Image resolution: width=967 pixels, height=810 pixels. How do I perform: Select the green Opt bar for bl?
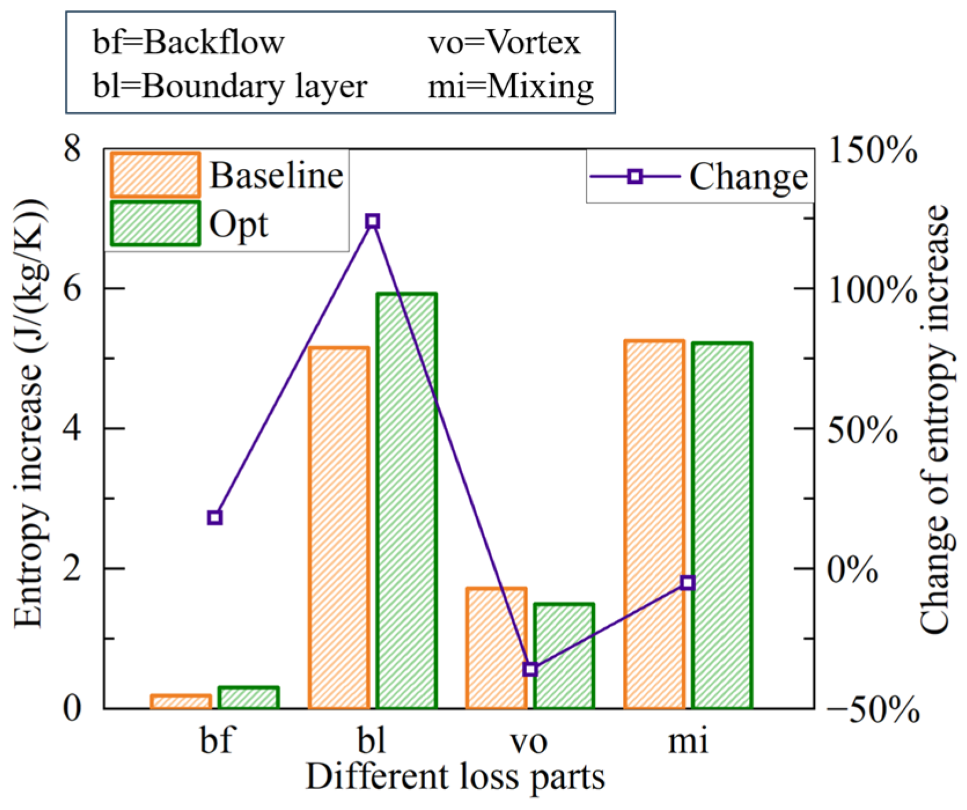tap(407, 501)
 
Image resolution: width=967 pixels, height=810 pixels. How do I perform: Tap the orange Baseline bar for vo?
tap(496, 648)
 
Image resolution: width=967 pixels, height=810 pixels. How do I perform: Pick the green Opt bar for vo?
tap(564, 656)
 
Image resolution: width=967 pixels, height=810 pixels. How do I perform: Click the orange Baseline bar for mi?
tap(654, 524)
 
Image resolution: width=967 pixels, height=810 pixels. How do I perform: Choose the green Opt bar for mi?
tap(722, 525)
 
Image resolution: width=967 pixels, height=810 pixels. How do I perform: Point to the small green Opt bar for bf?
tap(249, 698)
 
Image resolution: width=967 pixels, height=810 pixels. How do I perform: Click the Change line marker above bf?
tap(215, 517)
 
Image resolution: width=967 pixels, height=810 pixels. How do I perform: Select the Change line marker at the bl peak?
tap(372, 221)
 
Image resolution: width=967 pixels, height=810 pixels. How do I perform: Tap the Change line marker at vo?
tap(530, 669)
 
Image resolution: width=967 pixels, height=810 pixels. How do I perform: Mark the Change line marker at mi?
tap(687, 583)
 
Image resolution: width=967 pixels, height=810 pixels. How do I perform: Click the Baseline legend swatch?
tap(155, 175)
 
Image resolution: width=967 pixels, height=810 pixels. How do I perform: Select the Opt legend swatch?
tap(155, 224)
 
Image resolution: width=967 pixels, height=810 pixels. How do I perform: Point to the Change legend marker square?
tap(635, 176)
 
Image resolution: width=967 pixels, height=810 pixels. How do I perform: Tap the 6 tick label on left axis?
tap(72, 288)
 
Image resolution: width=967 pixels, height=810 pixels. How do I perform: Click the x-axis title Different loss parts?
tap(455, 776)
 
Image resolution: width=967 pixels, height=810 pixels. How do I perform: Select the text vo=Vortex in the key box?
tap(504, 42)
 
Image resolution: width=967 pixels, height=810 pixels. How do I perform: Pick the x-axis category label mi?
tap(688, 741)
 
